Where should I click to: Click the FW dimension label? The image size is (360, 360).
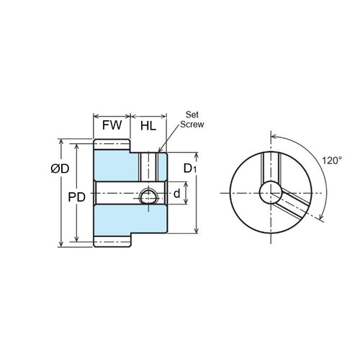pyautogui.click(x=112, y=125)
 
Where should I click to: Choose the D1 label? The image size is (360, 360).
pyautogui.click(x=189, y=169)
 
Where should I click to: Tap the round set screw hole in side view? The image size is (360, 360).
pyautogui.click(x=148, y=195)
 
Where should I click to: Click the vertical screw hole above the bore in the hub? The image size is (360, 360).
pyautogui.click(x=148, y=167)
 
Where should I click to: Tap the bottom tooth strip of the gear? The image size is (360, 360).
pyautogui.click(x=112, y=242)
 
